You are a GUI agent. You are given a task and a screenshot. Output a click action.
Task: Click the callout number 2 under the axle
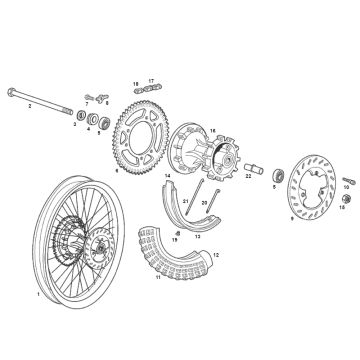click(30, 104)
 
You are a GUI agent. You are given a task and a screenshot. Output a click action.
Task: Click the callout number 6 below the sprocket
click(116, 171)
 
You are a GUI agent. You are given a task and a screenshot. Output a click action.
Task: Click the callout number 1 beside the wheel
click(38, 295)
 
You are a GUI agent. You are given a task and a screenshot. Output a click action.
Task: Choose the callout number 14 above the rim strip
click(169, 176)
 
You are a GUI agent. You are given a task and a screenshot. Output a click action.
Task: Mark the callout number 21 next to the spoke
click(184, 229)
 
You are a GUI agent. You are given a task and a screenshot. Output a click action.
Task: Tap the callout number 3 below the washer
click(76, 126)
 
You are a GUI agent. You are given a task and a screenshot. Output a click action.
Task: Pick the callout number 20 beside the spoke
click(204, 231)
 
